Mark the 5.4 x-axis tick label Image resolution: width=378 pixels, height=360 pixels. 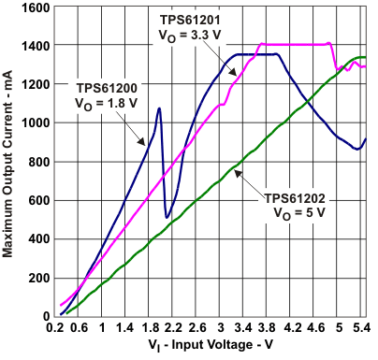(360, 328)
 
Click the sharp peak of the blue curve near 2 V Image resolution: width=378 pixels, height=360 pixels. (159, 108)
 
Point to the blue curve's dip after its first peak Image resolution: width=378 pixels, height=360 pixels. (167, 217)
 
